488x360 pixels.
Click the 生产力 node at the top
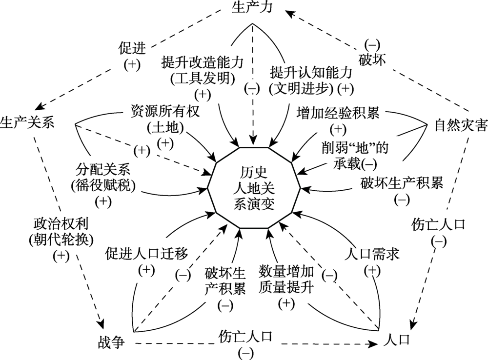(x=251, y=8)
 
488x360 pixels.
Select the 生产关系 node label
(x=27, y=121)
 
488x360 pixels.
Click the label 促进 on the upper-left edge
(x=132, y=47)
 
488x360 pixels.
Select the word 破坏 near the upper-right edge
(x=372, y=60)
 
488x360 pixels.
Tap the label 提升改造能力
(x=202, y=62)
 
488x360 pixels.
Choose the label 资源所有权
(x=165, y=112)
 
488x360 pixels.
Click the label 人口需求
(x=372, y=254)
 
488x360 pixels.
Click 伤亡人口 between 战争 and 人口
(x=245, y=337)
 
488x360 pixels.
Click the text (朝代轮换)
(x=61, y=240)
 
